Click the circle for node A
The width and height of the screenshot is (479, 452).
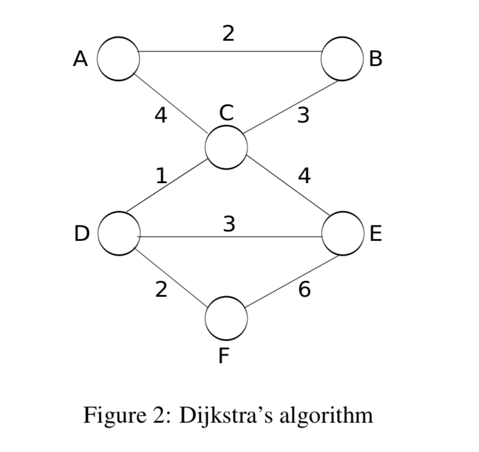[118, 58]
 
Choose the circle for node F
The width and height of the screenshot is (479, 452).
[226, 317]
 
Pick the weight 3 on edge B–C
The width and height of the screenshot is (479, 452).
[302, 115]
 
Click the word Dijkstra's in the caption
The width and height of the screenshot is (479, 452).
[222, 416]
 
